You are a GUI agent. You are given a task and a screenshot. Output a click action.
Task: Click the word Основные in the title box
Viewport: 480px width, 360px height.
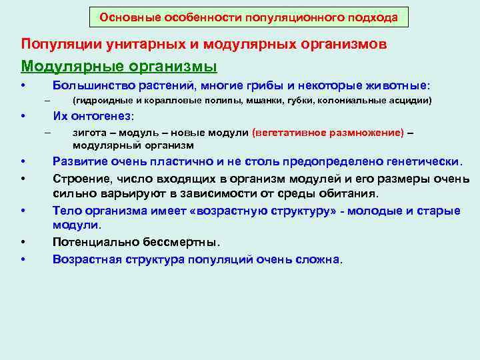point(124,18)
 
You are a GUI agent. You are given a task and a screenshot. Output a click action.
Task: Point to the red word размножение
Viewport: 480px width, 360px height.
point(370,132)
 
